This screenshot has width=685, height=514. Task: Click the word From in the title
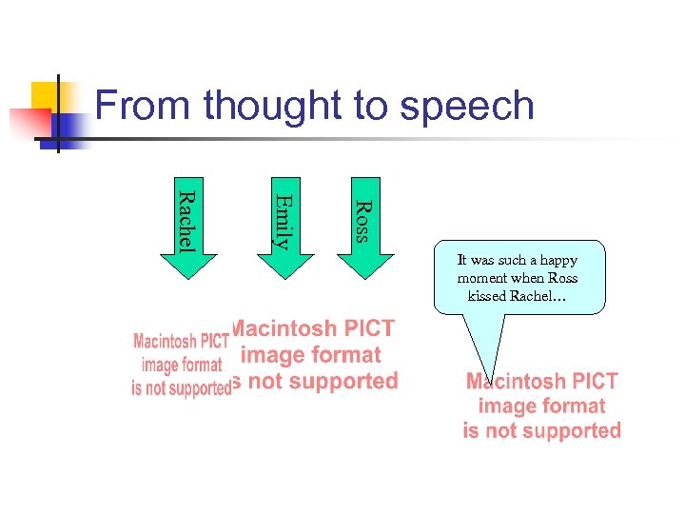coord(143,105)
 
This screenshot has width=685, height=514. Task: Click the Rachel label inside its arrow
coord(187,220)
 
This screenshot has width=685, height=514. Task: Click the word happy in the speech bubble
coord(557,260)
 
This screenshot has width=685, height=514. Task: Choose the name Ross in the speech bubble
coord(560,278)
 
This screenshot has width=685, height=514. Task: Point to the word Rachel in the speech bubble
coord(539,295)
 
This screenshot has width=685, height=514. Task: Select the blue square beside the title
coord(68,127)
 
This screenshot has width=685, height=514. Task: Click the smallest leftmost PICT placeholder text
coord(181,365)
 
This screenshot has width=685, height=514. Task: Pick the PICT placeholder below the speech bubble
coord(542,406)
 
